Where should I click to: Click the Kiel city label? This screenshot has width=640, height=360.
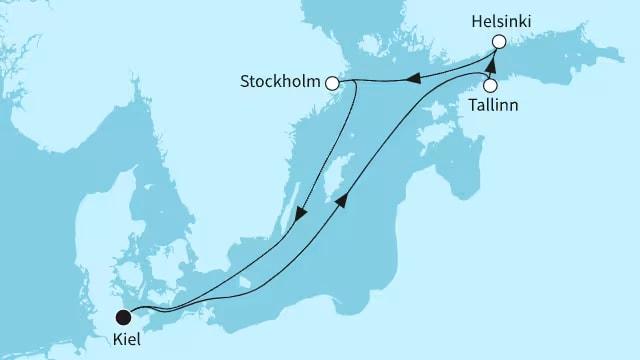[127, 341]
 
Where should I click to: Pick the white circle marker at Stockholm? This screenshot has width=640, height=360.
[332, 84]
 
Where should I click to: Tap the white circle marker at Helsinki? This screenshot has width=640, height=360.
[498, 42]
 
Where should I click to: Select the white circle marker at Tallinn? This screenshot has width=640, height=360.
[490, 84]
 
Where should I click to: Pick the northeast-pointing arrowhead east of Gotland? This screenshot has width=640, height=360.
[343, 202]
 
